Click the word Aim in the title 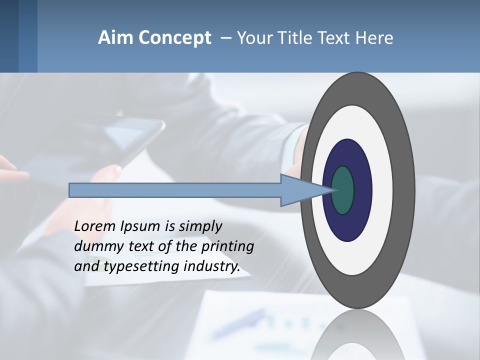coord(115,38)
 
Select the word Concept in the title coord(174,38)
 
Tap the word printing coord(227,246)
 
